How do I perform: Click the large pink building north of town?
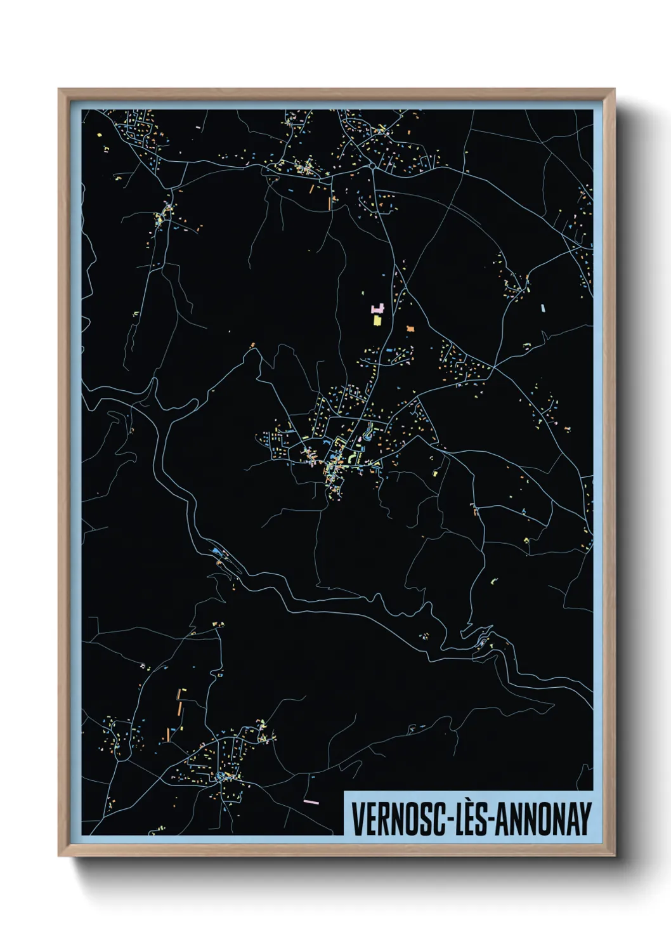pos(377,309)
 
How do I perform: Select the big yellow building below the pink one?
pos(377,320)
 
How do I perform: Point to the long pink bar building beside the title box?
pos(311,802)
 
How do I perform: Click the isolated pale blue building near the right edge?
pos(543,308)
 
